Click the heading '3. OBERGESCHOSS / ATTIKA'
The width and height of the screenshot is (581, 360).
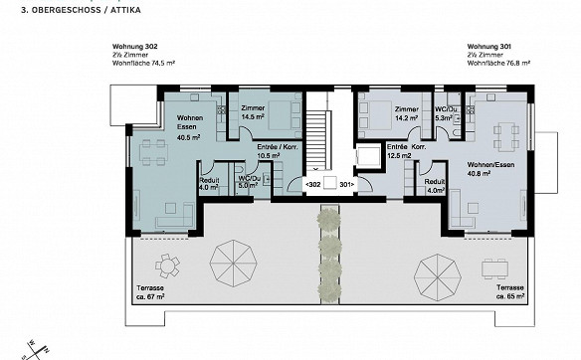point(82,10)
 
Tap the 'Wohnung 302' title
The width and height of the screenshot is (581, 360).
point(135,47)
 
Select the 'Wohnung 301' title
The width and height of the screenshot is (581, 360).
point(489,47)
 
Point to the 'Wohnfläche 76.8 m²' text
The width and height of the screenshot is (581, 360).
point(498,64)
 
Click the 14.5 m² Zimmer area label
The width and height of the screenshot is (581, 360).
point(253,112)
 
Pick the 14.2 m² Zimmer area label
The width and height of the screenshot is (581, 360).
point(407,113)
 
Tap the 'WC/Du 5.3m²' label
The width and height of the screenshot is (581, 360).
point(444,113)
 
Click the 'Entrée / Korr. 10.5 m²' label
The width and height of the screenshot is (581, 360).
point(278,151)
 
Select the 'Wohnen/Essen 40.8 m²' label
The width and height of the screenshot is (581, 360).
point(490,169)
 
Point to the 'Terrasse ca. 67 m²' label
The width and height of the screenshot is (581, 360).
point(150,292)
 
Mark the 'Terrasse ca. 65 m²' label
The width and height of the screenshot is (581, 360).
point(510,291)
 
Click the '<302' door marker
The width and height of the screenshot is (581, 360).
point(312,184)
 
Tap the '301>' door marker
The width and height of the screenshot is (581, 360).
point(347,184)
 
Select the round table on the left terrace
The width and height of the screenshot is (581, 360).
point(167,266)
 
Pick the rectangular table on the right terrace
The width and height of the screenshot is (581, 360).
point(494,269)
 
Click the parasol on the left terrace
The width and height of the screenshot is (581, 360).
point(234,264)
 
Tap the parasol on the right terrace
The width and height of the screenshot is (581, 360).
point(438,277)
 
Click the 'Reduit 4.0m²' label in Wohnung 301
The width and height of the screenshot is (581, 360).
point(435,186)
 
